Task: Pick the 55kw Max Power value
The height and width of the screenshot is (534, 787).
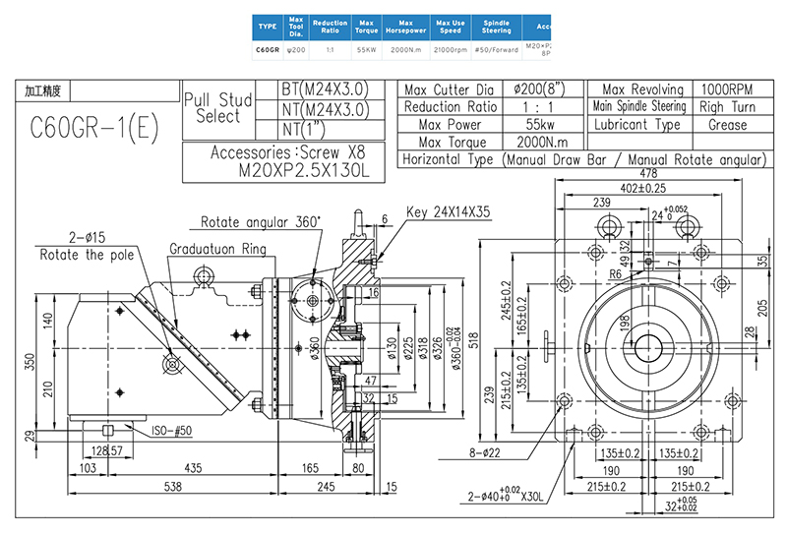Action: tap(539, 125)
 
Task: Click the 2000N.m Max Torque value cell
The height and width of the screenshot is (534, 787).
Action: tap(539, 143)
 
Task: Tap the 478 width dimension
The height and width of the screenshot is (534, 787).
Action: tap(647, 174)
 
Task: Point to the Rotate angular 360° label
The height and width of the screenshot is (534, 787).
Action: tap(261, 221)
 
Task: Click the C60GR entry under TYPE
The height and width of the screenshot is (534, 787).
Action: tap(268, 48)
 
